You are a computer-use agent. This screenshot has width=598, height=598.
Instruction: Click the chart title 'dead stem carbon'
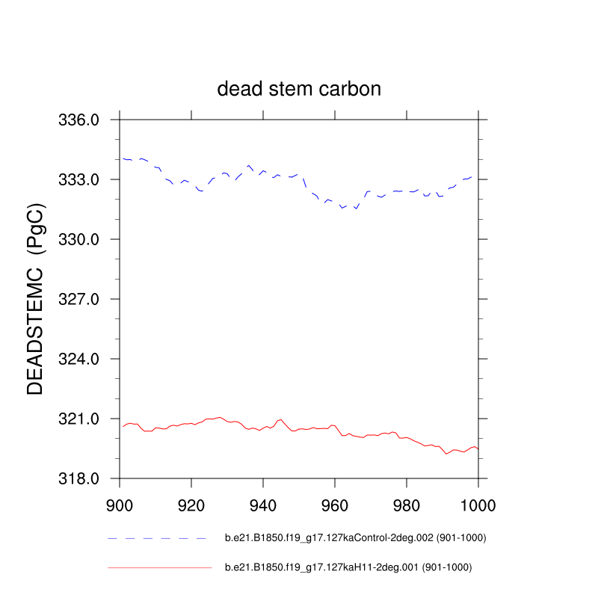pos(299,89)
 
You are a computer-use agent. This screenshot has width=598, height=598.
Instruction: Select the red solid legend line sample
pos(159,568)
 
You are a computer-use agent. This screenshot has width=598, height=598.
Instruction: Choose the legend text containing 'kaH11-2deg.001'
pos(348,568)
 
